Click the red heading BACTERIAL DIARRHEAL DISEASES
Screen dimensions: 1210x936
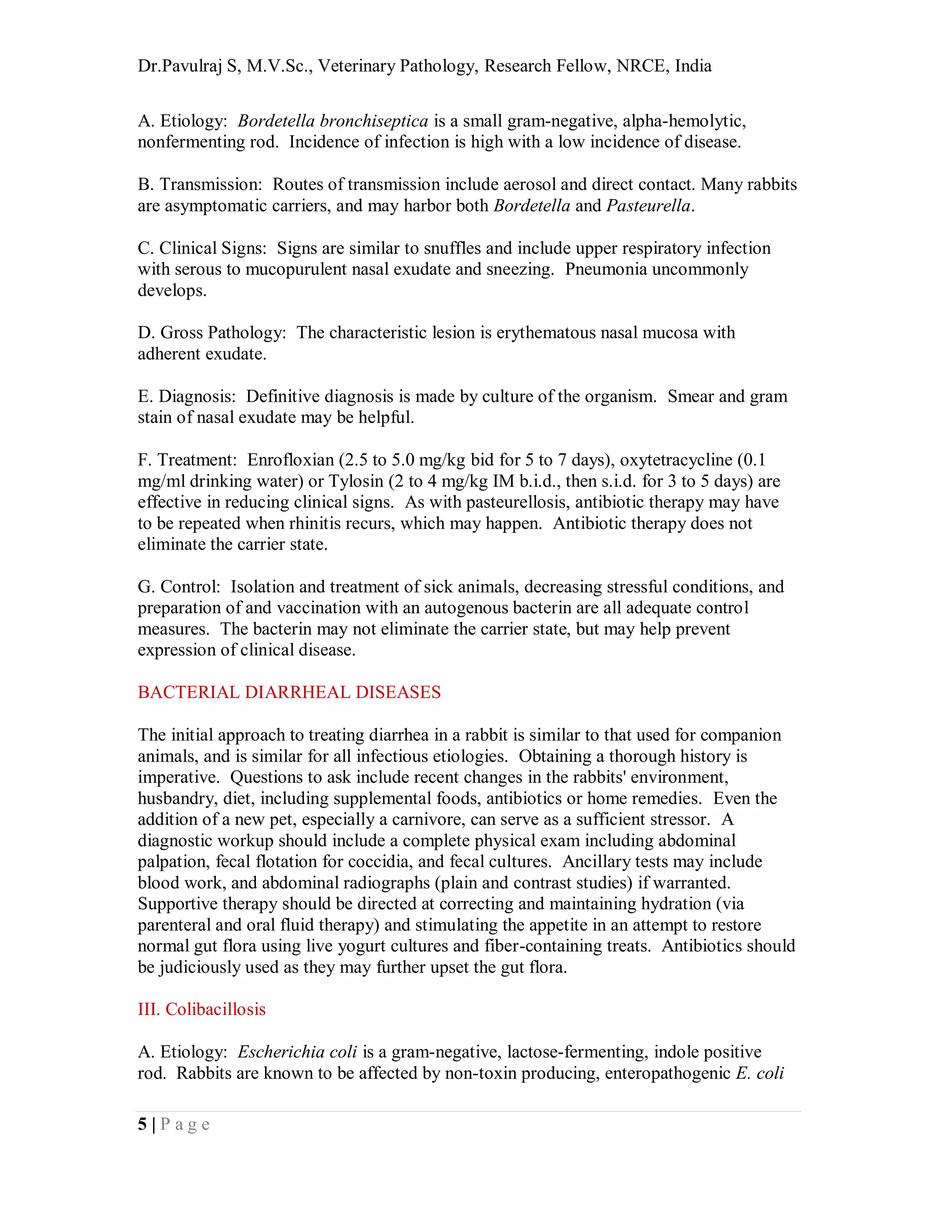pos(289,693)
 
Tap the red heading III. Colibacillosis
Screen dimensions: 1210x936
pos(202,1009)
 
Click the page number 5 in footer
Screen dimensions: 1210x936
pos(143,1124)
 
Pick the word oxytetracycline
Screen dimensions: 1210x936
pos(676,460)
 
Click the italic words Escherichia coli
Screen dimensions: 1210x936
pos(297,1052)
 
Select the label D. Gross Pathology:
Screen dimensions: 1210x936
pos(212,332)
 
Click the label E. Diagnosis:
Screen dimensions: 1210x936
pos(187,396)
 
